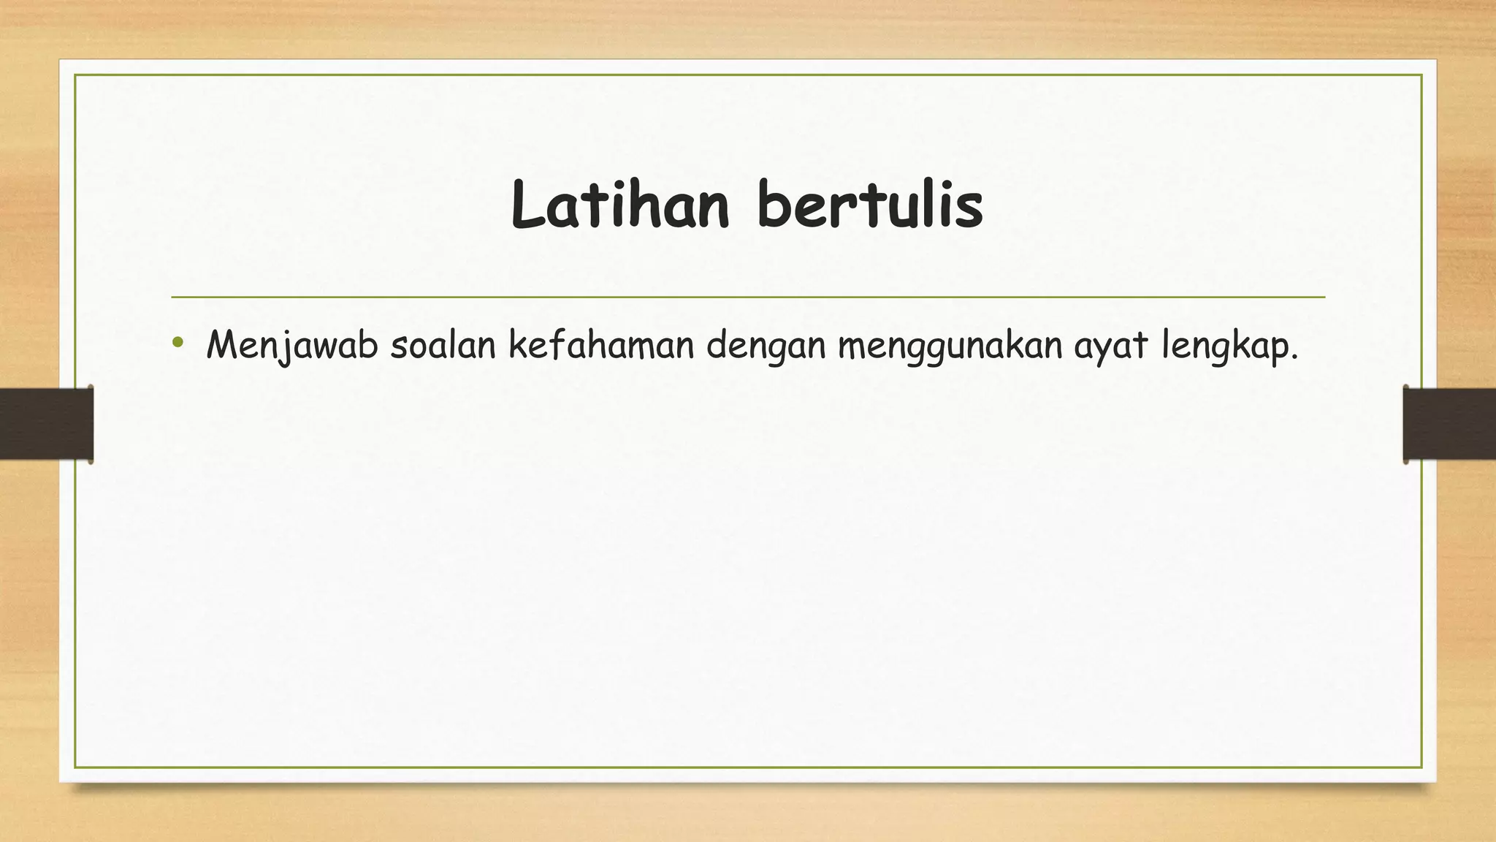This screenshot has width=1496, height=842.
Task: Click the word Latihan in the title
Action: pyautogui.click(x=620, y=205)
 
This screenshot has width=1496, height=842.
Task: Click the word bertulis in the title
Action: pyautogui.click(x=870, y=205)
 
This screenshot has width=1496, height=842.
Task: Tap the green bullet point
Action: pyautogui.click(x=178, y=342)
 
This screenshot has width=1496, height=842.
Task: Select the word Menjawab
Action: pyautogui.click(x=291, y=346)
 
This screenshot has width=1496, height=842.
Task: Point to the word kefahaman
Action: pyautogui.click(x=601, y=346)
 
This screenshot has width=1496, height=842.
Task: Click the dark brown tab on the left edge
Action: pyautogui.click(x=46, y=424)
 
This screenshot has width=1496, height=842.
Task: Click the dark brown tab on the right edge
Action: pyautogui.click(x=1449, y=424)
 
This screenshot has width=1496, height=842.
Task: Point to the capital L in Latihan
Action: pyautogui.click(x=527, y=205)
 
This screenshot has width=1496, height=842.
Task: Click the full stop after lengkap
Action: pyautogui.click(x=1294, y=357)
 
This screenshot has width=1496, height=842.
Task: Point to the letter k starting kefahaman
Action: pyautogui.click(x=517, y=345)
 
